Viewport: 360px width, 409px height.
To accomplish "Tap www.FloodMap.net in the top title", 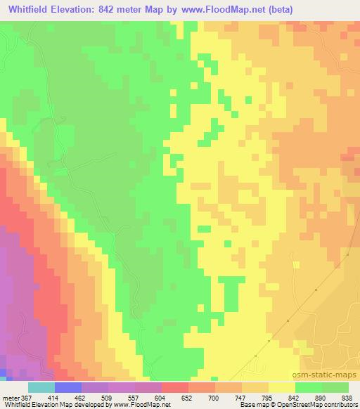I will (217, 10).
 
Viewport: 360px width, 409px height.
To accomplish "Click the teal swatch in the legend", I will (41, 387).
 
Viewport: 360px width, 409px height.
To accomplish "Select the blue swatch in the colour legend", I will (67, 387).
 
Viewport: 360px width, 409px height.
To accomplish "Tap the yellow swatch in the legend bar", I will (281, 387).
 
